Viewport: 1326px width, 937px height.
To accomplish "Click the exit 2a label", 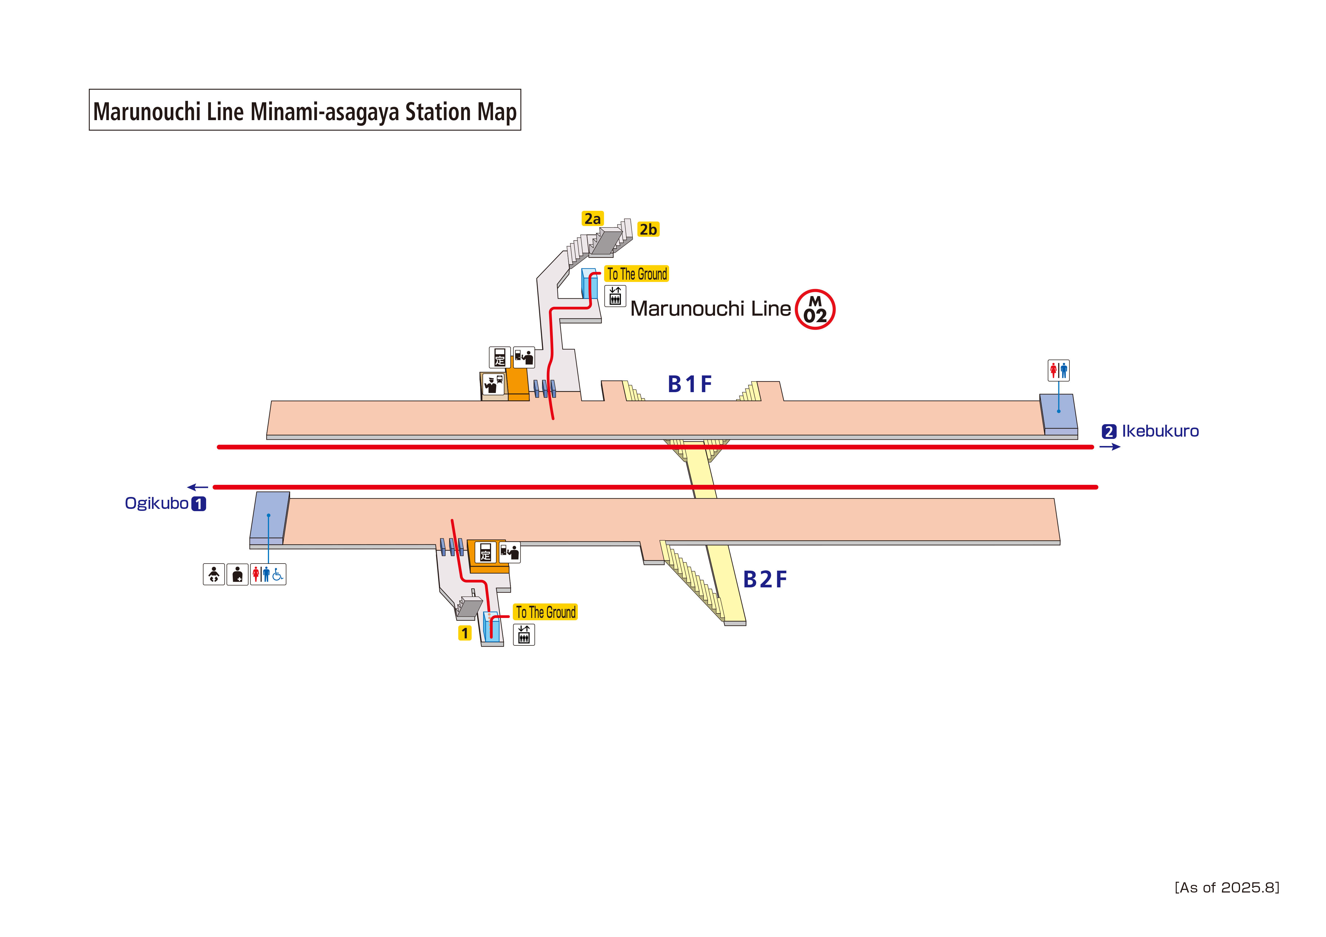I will (x=592, y=219).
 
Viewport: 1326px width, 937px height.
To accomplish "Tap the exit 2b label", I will (x=648, y=229).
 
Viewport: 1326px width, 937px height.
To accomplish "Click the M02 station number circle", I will (x=815, y=309).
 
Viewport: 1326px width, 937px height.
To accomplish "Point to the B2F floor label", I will (x=765, y=580).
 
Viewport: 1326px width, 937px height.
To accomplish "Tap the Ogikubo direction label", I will (x=157, y=503).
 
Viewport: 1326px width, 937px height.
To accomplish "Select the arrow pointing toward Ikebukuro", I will (x=1109, y=447).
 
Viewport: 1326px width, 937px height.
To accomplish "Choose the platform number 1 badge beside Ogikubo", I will (x=199, y=504).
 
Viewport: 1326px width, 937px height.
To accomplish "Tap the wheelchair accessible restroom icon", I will (x=278, y=574).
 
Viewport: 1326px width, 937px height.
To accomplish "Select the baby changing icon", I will (x=214, y=574).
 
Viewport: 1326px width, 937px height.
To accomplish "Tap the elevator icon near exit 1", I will (x=524, y=634).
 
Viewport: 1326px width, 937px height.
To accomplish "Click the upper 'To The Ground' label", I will (x=636, y=274).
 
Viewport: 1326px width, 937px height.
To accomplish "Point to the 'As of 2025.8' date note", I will (x=1227, y=887).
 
